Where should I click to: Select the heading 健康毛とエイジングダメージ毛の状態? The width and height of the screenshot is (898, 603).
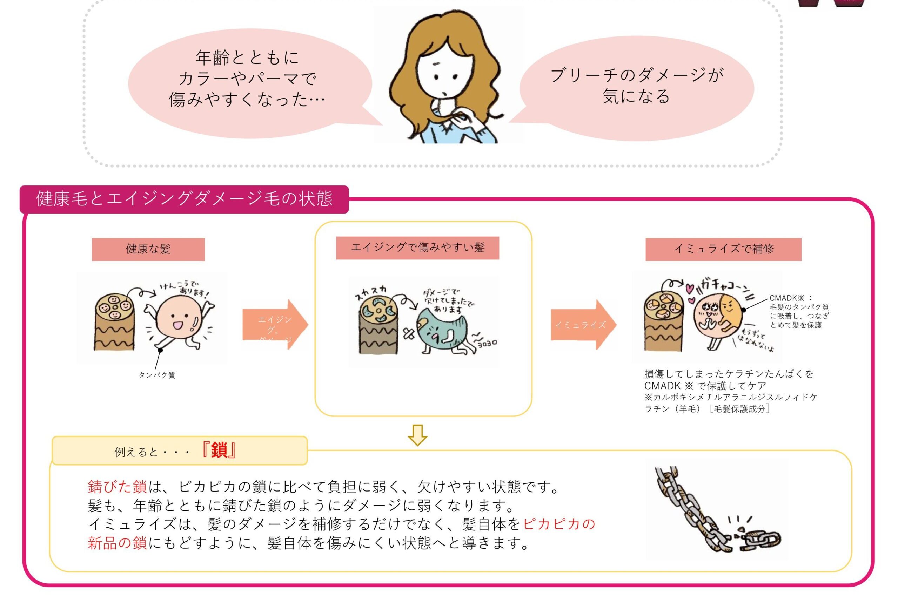pyautogui.click(x=184, y=199)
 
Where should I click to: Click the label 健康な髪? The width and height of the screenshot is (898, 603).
pyautogui.click(x=148, y=249)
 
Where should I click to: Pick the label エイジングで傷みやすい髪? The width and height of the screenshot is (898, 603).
pyautogui.click(x=417, y=248)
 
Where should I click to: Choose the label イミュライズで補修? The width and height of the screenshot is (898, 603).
pyautogui.click(x=723, y=249)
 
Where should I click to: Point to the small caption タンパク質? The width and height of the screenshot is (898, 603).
pyautogui.click(x=157, y=375)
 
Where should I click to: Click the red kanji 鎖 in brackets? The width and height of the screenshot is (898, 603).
pyautogui.click(x=218, y=450)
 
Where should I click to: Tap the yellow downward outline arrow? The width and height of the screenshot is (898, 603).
pyautogui.click(x=417, y=435)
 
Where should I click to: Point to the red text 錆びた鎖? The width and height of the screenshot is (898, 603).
pyautogui.click(x=118, y=487)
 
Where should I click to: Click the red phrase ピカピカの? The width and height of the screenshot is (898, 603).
pyautogui.click(x=559, y=524)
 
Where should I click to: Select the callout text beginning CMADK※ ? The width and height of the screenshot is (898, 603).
pyautogui.click(x=799, y=312)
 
